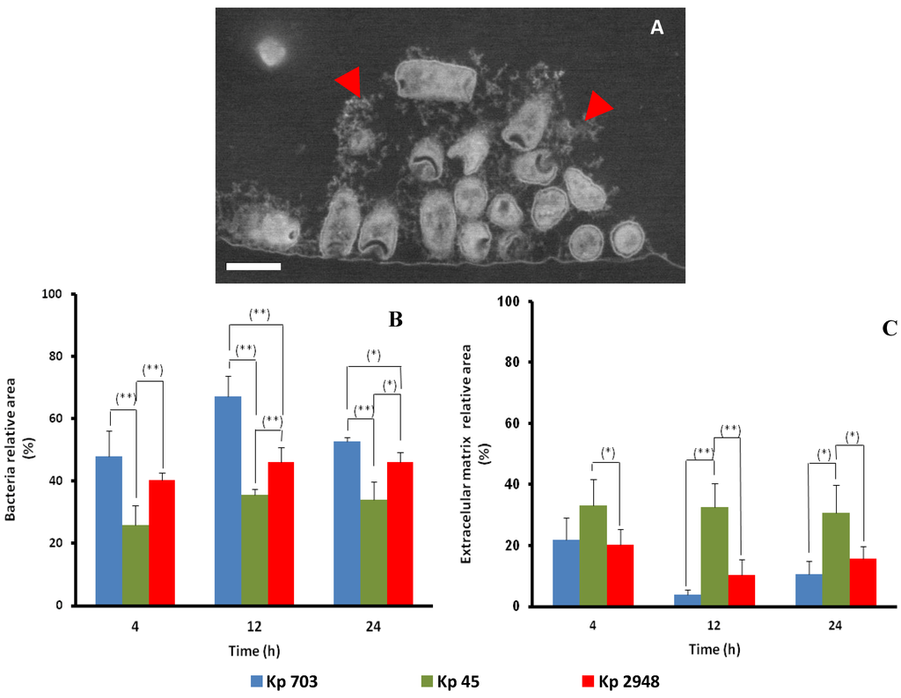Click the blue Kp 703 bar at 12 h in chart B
pyautogui.click(x=227, y=501)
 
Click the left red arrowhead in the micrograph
pyautogui.click(x=349, y=83)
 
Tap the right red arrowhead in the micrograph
pyautogui.click(x=598, y=107)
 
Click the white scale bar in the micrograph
pyautogui.click(x=253, y=265)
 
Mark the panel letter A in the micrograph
pyautogui.click(x=656, y=29)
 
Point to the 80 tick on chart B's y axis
pyautogui.click(x=62, y=356)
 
